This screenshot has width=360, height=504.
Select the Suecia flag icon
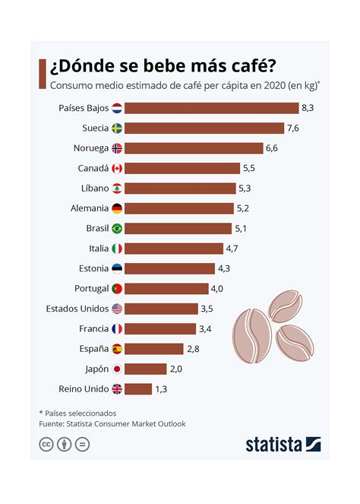(117, 128)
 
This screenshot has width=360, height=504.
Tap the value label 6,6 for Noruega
(273, 148)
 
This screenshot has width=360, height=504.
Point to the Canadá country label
(93, 168)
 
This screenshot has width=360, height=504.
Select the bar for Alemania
(178, 208)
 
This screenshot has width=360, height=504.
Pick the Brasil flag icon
(117, 228)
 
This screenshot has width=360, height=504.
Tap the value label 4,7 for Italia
(235, 249)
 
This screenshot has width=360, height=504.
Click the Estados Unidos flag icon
(117, 309)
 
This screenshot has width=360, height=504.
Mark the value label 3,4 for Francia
(205, 329)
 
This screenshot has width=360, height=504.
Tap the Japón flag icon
(117, 369)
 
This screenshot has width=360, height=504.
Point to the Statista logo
(283, 445)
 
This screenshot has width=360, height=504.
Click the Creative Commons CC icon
(46, 445)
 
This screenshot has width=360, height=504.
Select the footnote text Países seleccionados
(77, 413)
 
